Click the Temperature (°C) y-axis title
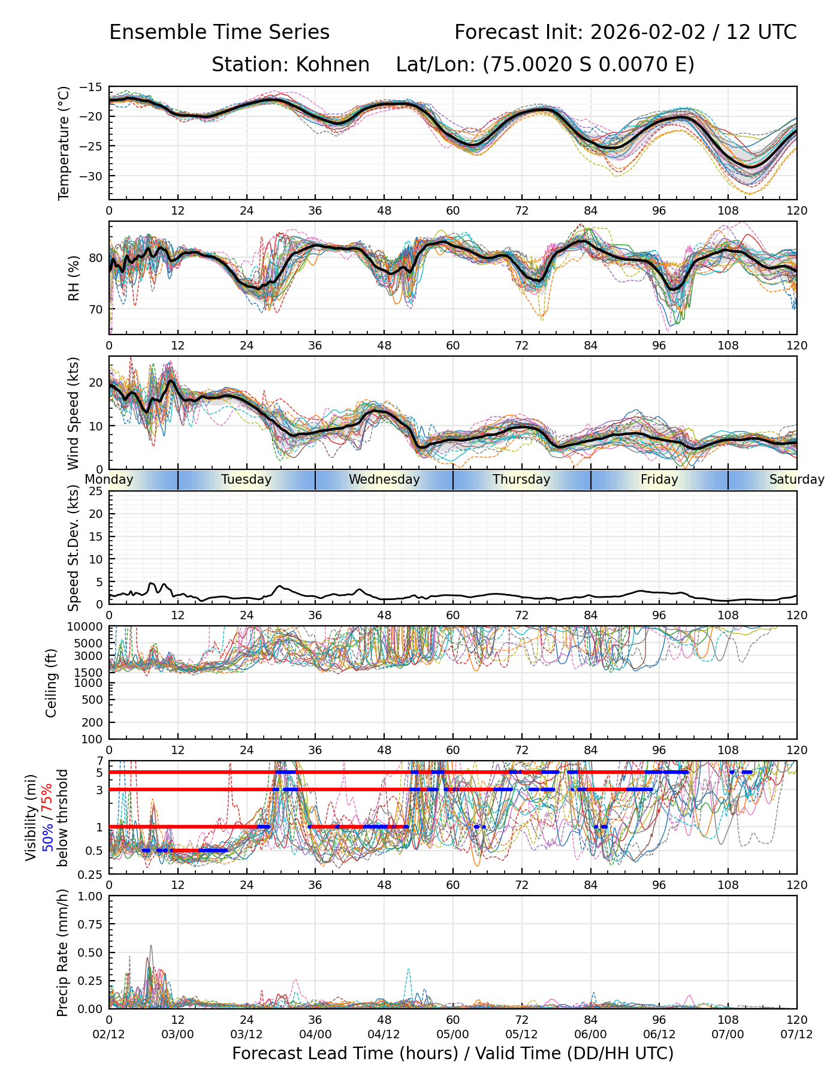64,143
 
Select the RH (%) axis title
74,278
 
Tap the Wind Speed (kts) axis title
73,413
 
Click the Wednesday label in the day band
384,480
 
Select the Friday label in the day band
659,480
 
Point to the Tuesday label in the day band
246,480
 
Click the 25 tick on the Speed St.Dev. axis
96,492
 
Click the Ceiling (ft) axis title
52,683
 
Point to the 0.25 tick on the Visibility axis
91,874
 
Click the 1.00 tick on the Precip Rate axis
90,896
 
